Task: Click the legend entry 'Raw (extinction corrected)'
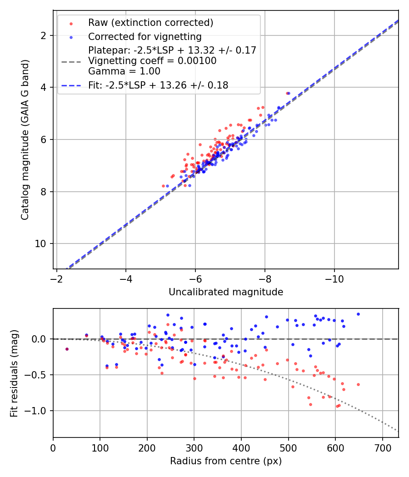click(144, 23)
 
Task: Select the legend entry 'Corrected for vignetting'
click(145, 36)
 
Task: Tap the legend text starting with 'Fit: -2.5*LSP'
click(158, 85)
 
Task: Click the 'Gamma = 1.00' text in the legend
click(124, 71)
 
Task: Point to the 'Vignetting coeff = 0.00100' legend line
click(152, 61)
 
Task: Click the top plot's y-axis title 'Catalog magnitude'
click(25, 139)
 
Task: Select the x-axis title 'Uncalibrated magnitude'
click(226, 292)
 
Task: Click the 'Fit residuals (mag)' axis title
click(14, 373)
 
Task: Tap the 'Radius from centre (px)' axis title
click(226, 461)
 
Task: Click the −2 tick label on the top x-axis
click(56, 278)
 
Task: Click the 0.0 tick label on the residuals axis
click(40, 339)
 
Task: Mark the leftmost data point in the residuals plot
click(67, 349)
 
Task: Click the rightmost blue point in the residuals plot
click(358, 314)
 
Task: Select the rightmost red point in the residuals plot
click(358, 384)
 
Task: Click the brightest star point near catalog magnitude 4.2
click(288, 93)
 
